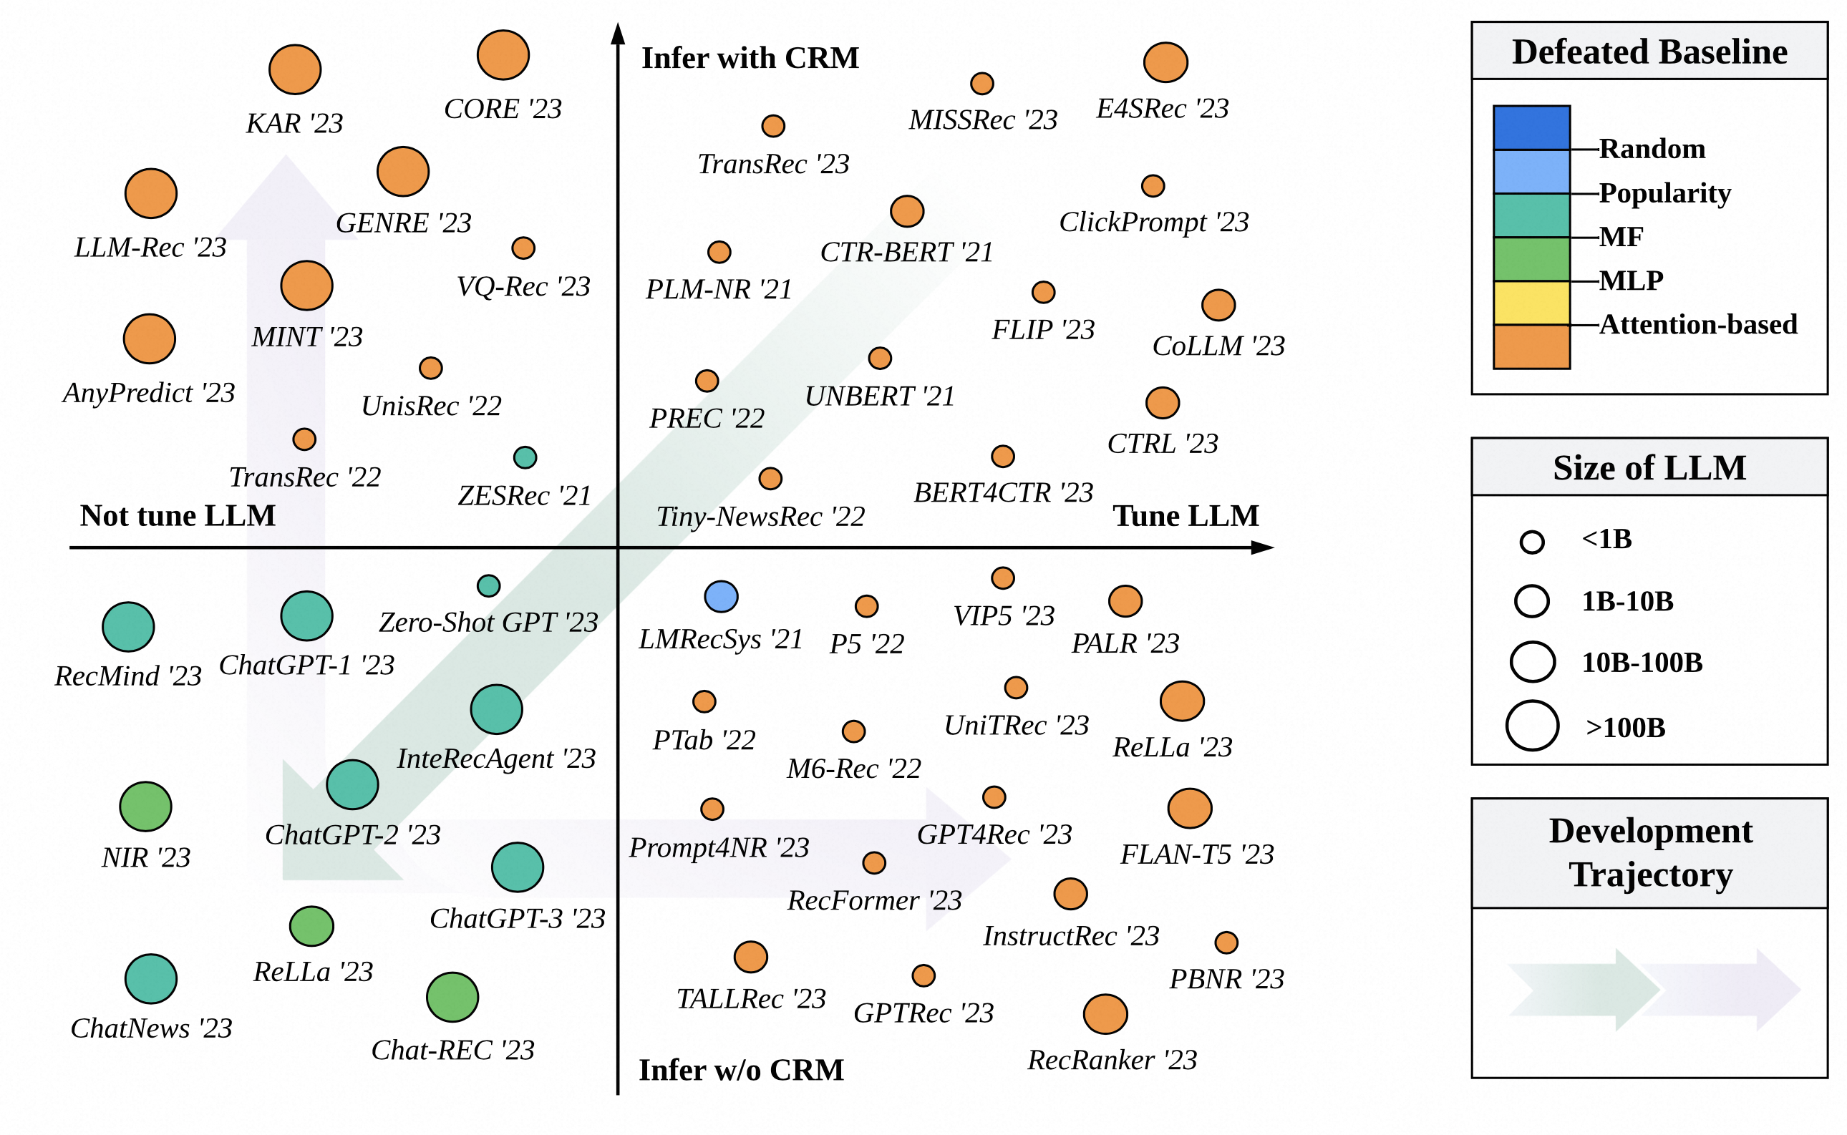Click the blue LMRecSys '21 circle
(x=721, y=597)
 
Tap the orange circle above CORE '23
(x=503, y=55)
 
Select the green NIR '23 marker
(x=145, y=807)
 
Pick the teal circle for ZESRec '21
(x=525, y=457)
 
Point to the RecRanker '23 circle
(x=1105, y=1014)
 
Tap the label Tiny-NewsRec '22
(x=760, y=517)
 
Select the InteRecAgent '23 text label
(x=495, y=759)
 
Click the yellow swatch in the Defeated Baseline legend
(x=1531, y=303)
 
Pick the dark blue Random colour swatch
(x=1531, y=127)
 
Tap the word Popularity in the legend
(x=1664, y=193)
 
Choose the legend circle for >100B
(x=1532, y=726)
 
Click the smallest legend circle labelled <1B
(x=1532, y=542)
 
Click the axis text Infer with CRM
(x=750, y=58)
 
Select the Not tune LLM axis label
(x=178, y=516)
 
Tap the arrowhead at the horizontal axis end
(x=1264, y=548)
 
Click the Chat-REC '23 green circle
(x=452, y=998)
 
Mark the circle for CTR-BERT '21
(x=906, y=212)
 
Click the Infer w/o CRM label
(x=741, y=1070)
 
